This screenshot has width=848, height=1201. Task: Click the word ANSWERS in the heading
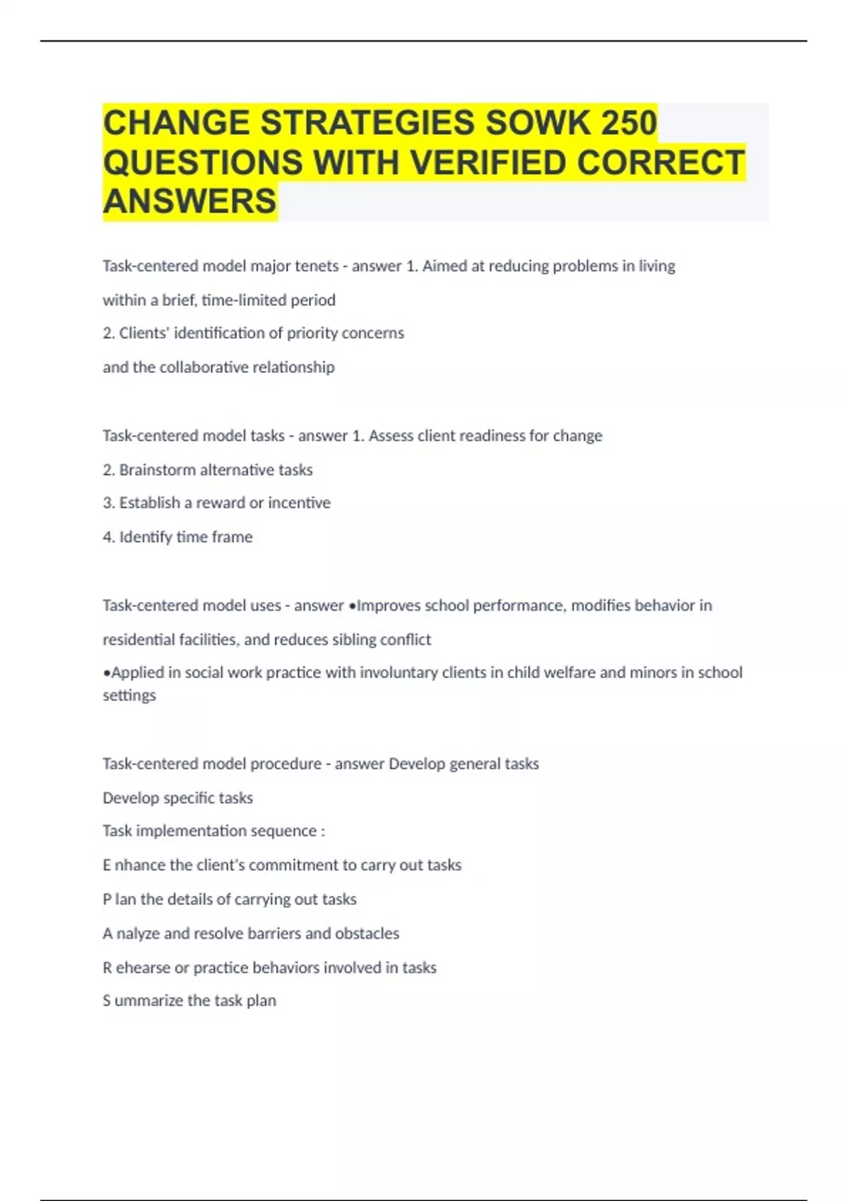[189, 201]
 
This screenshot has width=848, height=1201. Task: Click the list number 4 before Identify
[107, 538]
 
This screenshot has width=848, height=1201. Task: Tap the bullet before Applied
[107, 673]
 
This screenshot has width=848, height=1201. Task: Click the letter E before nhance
[107, 865]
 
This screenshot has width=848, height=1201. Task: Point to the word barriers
[263, 934]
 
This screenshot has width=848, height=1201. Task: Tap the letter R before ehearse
[107, 968]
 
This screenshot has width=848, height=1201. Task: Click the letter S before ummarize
[107, 1001]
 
